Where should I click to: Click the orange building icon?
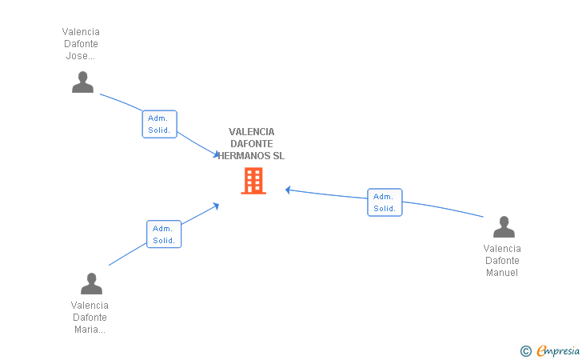(253, 181)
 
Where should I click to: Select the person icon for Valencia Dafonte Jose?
(82, 82)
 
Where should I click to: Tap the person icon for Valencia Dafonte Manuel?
(504, 226)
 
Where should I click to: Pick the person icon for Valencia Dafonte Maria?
(91, 283)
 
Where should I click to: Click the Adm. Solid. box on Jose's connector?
(160, 124)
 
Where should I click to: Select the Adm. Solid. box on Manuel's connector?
(385, 202)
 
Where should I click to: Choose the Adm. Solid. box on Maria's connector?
(164, 234)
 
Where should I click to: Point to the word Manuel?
(502, 273)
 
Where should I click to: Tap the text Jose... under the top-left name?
(80, 56)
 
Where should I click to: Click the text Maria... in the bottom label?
(90, 330)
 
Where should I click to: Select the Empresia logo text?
(558, 350)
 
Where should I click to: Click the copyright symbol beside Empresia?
(526, 351)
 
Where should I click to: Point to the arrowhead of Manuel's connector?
(288, 190)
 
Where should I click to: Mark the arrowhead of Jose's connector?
(217, 154)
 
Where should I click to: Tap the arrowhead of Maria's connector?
(216, 206)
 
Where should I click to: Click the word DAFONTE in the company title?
(252, 144)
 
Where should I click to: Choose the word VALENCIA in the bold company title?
(251, 132)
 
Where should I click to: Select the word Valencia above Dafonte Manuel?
(502, 249)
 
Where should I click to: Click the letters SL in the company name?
(279, 156)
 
